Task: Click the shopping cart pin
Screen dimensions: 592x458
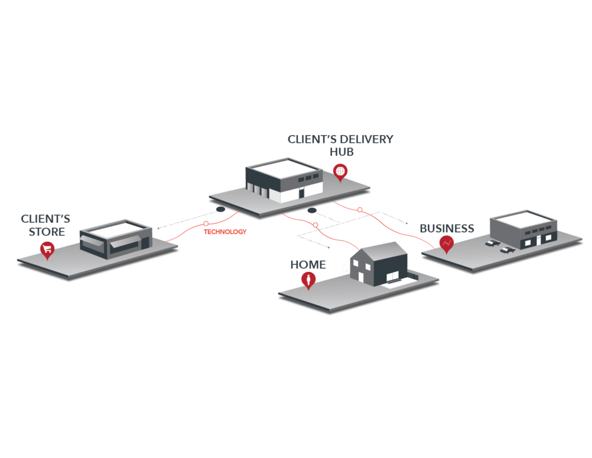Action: click(47, 249)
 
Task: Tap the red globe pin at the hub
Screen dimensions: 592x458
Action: click(340, 172)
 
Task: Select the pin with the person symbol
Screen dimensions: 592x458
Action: click(308, 281)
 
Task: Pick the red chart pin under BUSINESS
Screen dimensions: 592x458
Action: click(446, 243)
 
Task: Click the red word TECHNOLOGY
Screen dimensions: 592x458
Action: click(225, 232)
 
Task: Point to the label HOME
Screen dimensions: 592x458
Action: click(308, 264)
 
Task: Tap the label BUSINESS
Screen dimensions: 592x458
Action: click(447, 228)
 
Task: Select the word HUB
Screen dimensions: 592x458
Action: click(342, 152)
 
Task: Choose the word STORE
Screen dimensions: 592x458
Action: click(47, 232)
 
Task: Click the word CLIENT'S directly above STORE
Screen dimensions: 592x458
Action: click(46, 219)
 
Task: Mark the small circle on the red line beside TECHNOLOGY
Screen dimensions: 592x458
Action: click(206, 224)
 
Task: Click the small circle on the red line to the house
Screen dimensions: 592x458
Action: click(316, 225)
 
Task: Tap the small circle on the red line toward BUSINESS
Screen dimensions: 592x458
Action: click(360, 210)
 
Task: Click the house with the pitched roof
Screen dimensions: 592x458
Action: click(379, 264)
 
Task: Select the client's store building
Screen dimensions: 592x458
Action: click(116, 239)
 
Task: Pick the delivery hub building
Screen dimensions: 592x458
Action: click(284, 180)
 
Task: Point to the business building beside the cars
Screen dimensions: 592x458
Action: click(523, 229)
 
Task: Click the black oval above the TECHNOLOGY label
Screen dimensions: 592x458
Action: click(220, 209)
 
